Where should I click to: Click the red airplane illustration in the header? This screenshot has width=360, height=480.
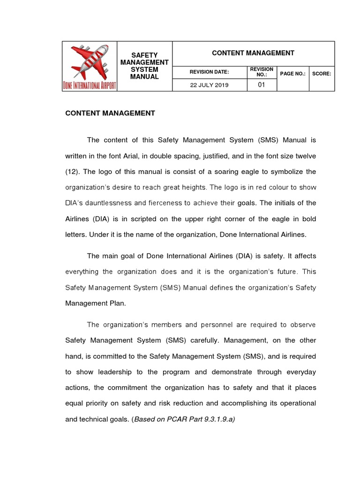[x=90, y=61]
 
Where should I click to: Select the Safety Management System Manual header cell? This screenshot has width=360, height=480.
[x=144, y=66]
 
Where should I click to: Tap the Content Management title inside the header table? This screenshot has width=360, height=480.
[x=253, y=53]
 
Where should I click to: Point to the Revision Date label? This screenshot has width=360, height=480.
[x=209, y=73]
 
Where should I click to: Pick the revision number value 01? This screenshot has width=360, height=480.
[x=262, y=85]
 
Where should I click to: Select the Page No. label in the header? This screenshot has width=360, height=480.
[x=292, y=73]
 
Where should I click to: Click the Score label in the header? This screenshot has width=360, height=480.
[x=322, y=73]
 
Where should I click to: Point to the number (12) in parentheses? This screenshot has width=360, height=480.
[x=73, y=172]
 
